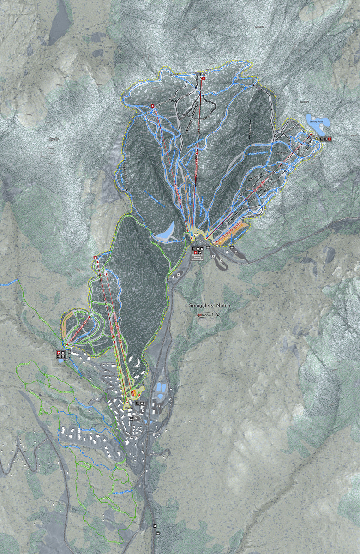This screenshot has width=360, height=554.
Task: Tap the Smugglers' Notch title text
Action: click(x=210, y=306)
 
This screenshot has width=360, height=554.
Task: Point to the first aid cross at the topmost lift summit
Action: click(x=203, y=79)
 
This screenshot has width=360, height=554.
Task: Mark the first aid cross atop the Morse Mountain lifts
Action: click(x=95, y=258)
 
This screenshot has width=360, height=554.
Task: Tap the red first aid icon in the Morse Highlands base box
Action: click(x=59, y=353)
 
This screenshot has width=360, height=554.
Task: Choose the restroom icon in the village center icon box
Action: click(x=138, y=403)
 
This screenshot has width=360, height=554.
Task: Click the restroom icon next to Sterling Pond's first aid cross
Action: click(x=325, y=138)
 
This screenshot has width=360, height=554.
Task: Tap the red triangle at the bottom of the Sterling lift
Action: click(x=216, y=241)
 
